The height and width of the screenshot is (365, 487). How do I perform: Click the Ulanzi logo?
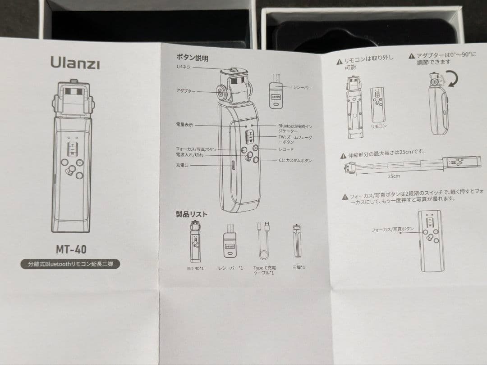point(75,63)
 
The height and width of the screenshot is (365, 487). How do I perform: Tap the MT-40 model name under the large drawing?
point(71,248)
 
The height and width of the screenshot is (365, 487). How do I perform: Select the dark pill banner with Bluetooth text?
point(70,264)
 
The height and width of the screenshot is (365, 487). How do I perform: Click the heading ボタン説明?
point(192,58)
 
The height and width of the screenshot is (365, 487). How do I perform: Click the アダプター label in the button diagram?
point(186,91)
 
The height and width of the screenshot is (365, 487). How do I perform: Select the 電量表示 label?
point(184,125)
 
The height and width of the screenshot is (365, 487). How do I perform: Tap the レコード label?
point(280,149)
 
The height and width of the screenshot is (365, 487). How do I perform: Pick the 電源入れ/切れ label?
point(189,155)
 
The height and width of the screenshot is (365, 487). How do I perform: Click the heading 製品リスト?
point(192,214)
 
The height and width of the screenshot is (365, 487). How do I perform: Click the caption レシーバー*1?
point(230,268)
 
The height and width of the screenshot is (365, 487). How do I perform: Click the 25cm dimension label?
point(393,176)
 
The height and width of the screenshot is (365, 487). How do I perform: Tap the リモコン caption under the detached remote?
point(378,126)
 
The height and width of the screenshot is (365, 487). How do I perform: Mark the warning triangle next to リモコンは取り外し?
point(339,62)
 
